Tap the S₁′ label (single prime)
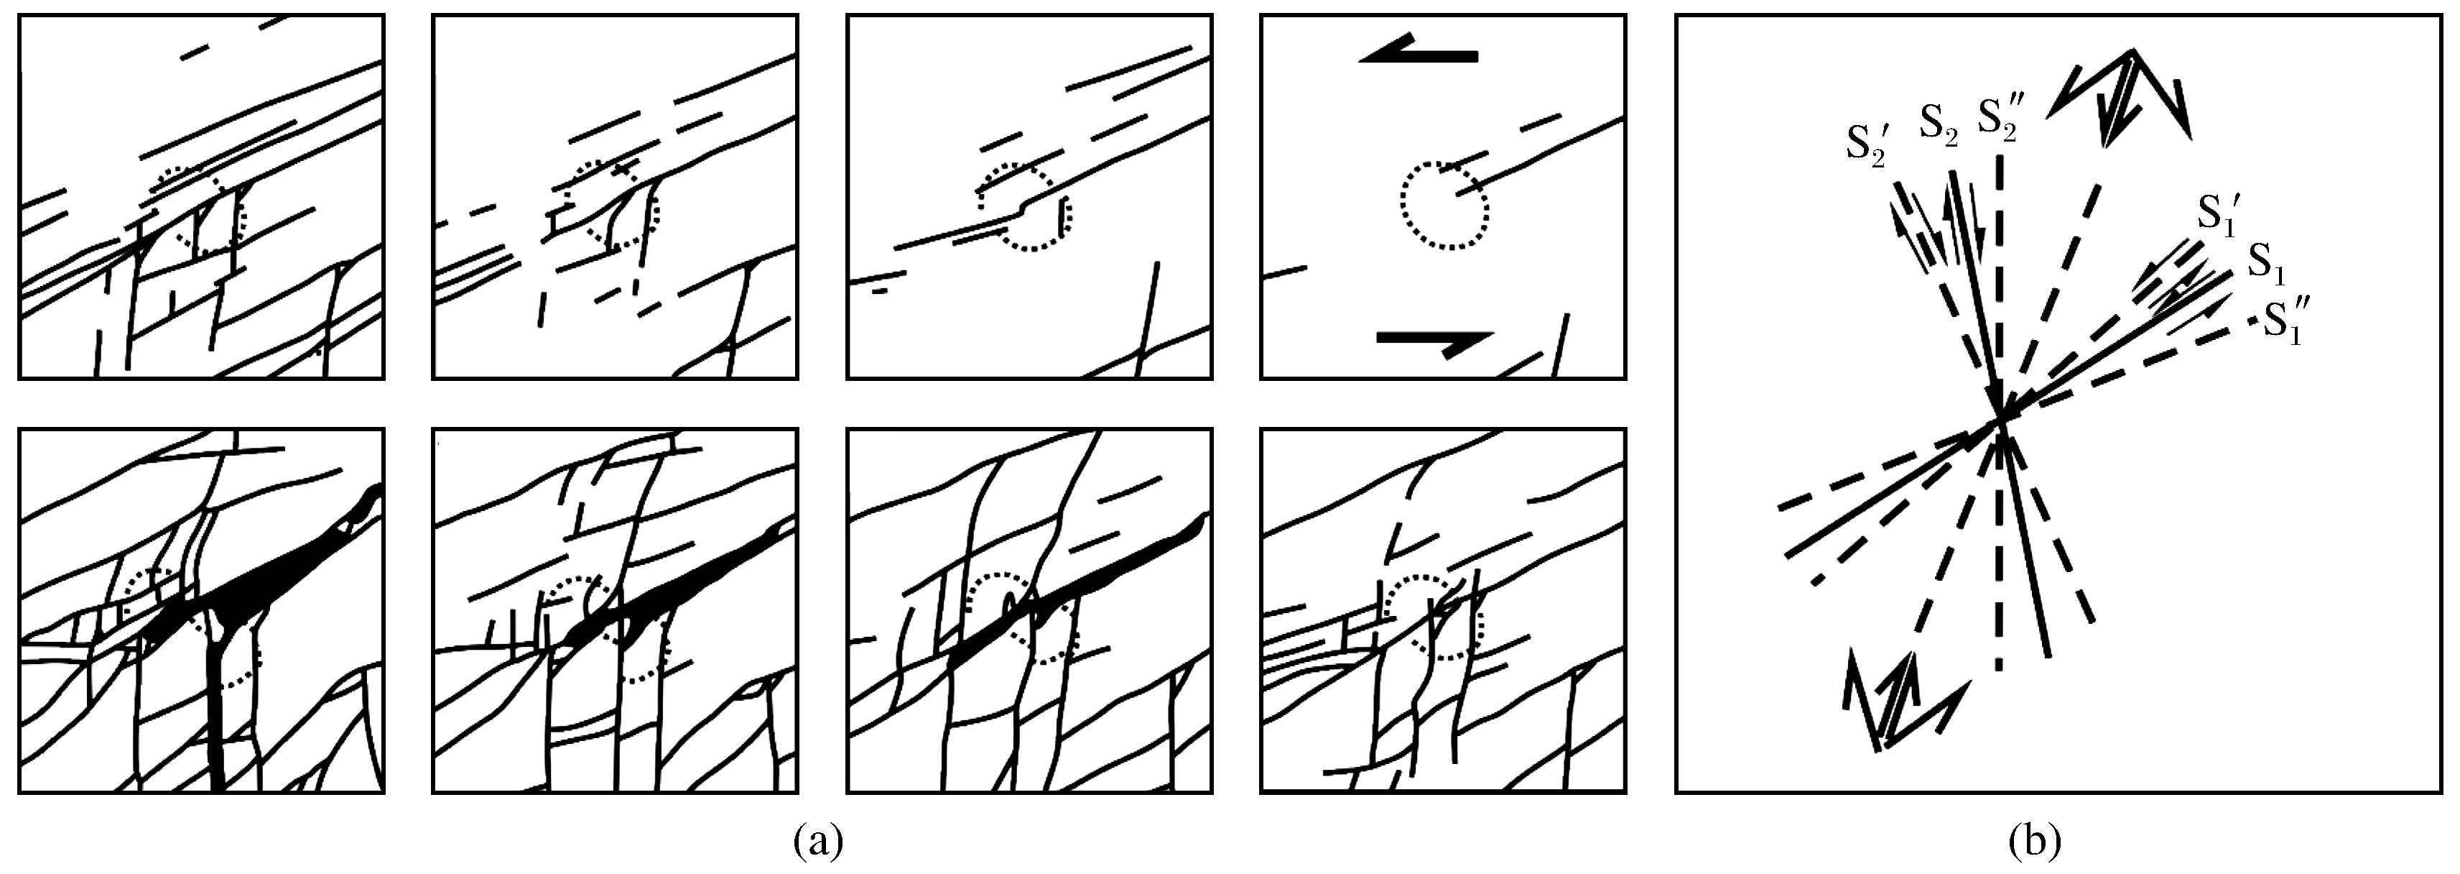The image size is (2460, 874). [2217, 211]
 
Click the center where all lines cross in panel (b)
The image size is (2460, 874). [2000, 421]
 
